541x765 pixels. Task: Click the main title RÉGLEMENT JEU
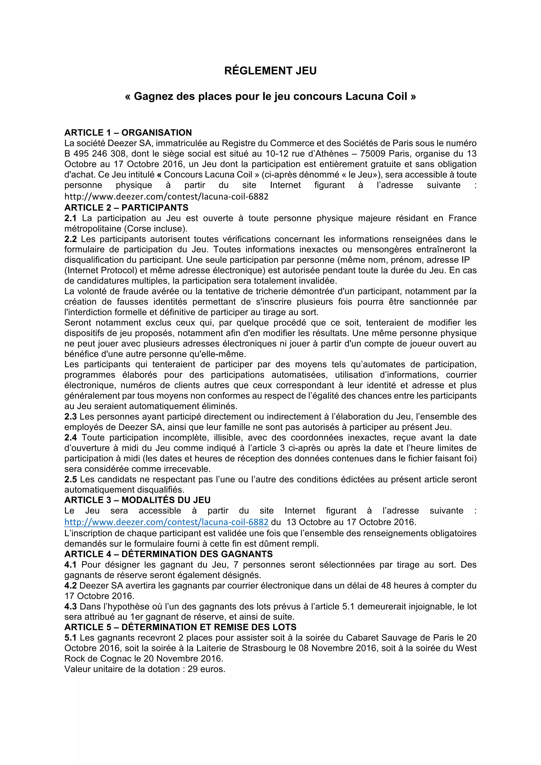[x=270, y=71]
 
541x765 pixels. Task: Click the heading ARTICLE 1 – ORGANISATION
[x=128, y=133]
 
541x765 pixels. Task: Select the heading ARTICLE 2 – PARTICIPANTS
[x=126, y=207]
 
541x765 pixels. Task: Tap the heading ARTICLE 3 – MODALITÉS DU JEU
[x=137, y=500]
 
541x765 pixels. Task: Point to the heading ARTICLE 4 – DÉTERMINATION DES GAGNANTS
[x=168, y=554]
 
